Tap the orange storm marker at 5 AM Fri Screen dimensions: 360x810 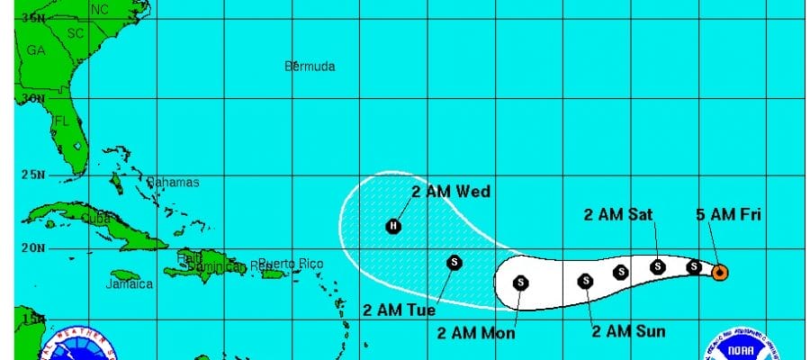click(720, 272)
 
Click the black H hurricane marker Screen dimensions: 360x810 click(393, 226)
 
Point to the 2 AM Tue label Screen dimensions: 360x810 click(399, 310)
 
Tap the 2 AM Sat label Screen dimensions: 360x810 click(617, 213)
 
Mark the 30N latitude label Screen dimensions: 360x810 click(32, 98)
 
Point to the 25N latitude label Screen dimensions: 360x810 click(32, 174)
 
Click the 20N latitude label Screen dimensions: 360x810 click(32, 248)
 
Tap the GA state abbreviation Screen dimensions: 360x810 click(36, 51)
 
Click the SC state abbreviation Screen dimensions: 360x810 click(75, 32)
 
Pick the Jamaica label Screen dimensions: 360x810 click(129, 283)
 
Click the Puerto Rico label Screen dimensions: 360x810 click(290, 263)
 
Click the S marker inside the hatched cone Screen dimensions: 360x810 click(454, 262)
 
